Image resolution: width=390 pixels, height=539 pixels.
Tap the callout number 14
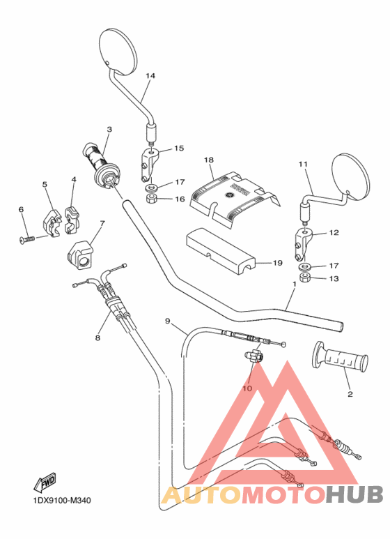pyautogui.click(x=150, y=75)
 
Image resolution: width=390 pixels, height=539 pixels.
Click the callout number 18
pyautogui.click(x=208, y=160)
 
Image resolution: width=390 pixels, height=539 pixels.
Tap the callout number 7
pyautogui.click(x=102, y=224)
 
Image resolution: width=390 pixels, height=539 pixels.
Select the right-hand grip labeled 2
pyautogui.click(x=341, y=358)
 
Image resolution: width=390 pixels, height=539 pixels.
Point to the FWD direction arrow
pyautogui.click(x=45, y=481)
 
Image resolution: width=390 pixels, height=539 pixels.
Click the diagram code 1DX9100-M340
pyautogui.click(x=61, y=500)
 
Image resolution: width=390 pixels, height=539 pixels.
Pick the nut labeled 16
pyautogui.click(x=151, y=200)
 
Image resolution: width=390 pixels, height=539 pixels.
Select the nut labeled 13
pyautogui.click(x=304, y=279)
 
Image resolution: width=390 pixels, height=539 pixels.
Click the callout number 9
pyautogui.click(x=167, y=321)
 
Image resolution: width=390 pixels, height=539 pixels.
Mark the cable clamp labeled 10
pyautogui.click(x=254, y=357)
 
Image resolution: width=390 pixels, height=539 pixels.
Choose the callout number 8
pyautogui.click(x=97, y=337)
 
